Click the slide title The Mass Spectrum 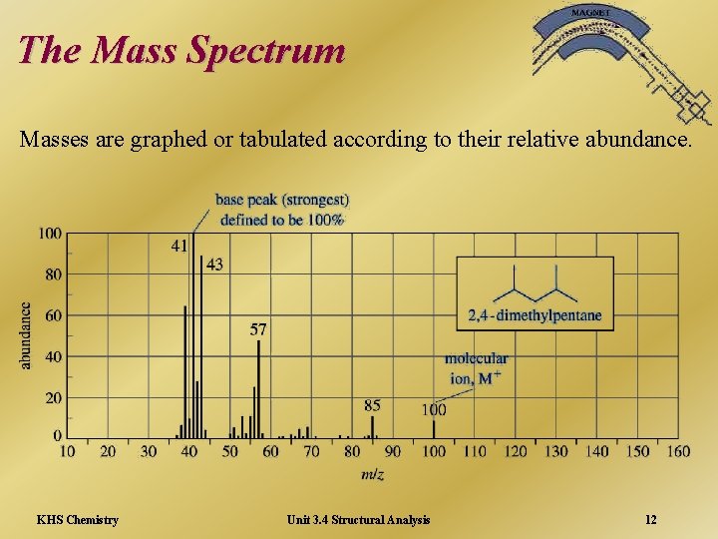[181, 50]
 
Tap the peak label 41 [179, 244]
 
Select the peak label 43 [214, 265]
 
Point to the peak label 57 [258, 328]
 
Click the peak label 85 [372, 405]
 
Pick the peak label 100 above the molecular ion [434, 409]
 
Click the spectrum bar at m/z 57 [258, 389]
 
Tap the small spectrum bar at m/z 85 [372, 427]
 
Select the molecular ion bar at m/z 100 [434, 429]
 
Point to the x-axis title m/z [372, 474]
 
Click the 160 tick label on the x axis [678, 452]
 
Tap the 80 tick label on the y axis [50, 274]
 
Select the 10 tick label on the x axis [67, 452]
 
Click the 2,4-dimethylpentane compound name [536, 315]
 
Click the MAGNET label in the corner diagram [592, 12]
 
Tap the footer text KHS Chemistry [77, 519]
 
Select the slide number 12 [650, 519]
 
